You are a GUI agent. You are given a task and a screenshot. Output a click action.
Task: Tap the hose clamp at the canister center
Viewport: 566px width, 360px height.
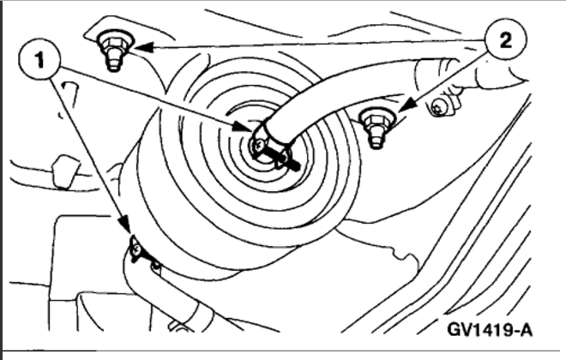[262, 137]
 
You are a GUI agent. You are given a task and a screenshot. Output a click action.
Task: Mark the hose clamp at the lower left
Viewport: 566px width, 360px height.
[137, 250]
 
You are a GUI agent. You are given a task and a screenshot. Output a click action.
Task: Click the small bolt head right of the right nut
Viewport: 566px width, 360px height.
[440, 108]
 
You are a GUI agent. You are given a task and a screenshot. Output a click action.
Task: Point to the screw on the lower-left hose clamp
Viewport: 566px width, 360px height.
[135, 250]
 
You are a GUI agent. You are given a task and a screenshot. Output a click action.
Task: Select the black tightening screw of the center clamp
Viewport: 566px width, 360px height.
[283, 155]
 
